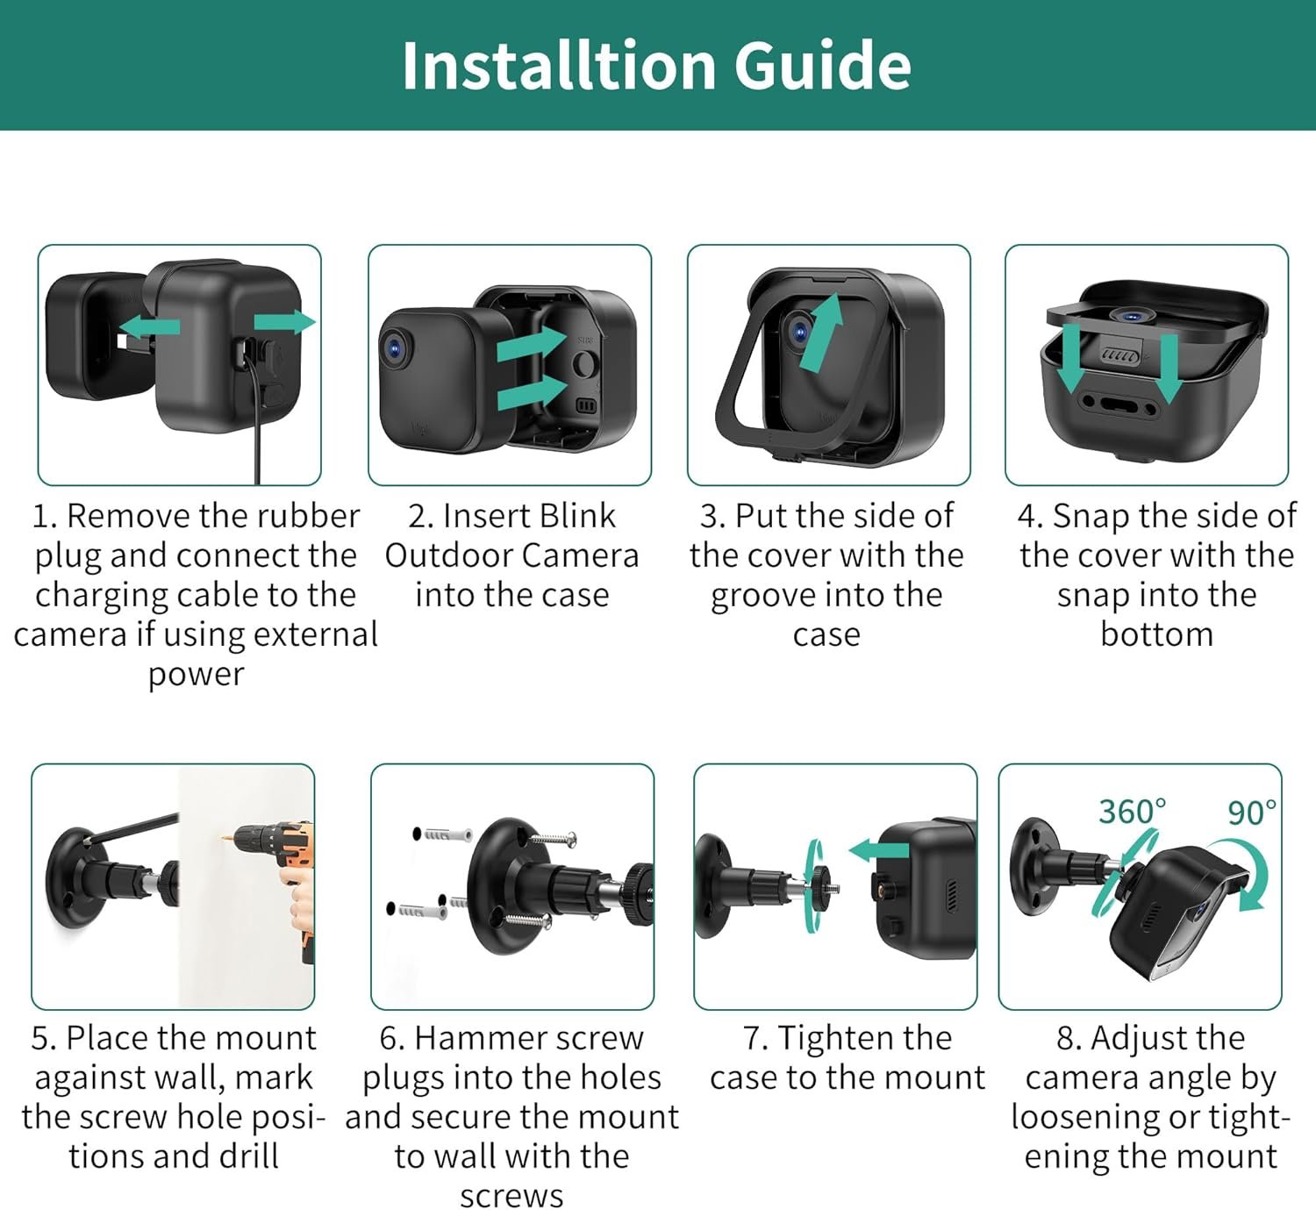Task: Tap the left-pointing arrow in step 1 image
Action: coord(150,326)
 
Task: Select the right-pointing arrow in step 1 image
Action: coord(285,321)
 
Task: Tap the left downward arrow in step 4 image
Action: coord(1070,358)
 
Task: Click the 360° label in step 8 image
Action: coord(1133,812)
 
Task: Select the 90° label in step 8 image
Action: coord(1252,813)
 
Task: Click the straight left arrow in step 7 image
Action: coord(878,851)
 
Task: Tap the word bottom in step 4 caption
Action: coord(1156,634)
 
